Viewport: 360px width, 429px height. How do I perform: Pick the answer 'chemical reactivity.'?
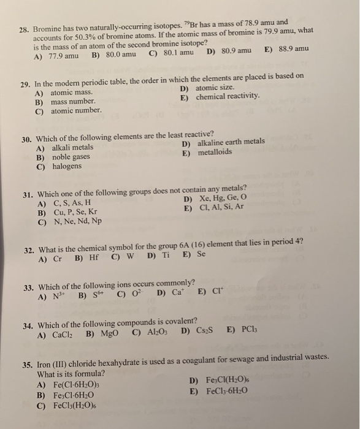coord(228,97)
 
